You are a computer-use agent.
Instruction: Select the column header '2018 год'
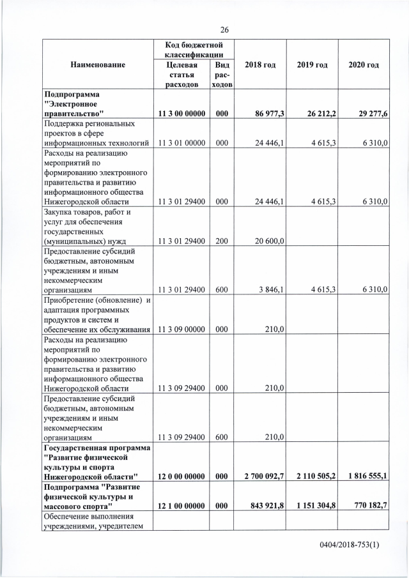(x=259, y=65)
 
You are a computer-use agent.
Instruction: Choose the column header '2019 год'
(x=312, y=65)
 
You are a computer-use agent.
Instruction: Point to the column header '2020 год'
(x=363, y=65)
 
